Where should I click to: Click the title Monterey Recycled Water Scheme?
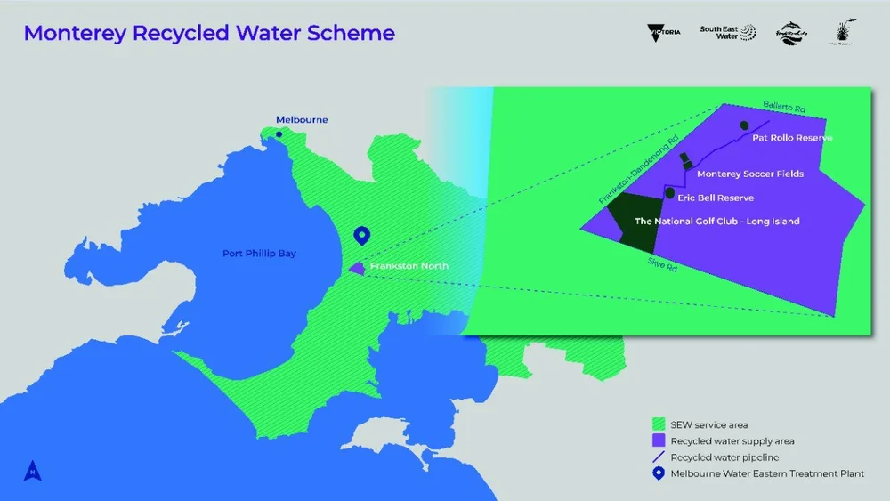click(209, 34)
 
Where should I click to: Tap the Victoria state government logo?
click(664, 31)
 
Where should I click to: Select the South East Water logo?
click(726, 32)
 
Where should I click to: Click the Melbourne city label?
click(302, 119)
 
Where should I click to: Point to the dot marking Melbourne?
click(279, 135)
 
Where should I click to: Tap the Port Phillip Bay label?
click(259, 254)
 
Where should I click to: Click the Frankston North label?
click(409, 266)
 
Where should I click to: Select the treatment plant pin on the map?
click(361, 236)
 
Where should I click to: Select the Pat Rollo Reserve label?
click(792, 138)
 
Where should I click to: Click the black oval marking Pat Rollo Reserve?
click(741, 126)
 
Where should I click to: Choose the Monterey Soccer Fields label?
click(750, 174)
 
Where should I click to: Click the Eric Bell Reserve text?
click(716, 198)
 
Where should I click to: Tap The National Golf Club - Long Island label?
click(716, 221)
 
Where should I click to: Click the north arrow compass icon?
click(30, 469)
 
